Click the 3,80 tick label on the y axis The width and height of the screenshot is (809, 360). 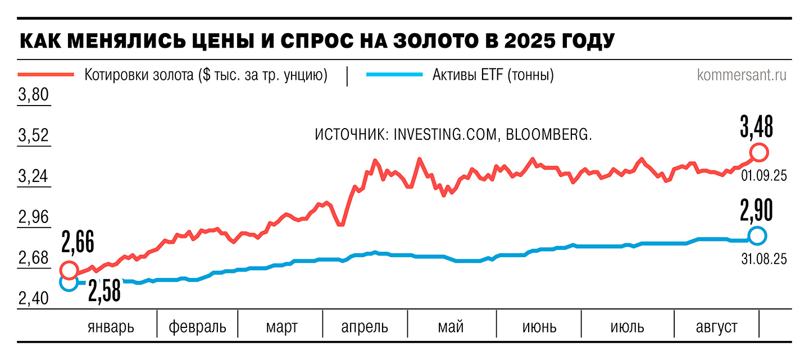pyautogui.click(x=34, y=95)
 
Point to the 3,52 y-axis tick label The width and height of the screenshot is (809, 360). pyautogui.click(x=34, y=136)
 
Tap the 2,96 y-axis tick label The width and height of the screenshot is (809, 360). pyautogui.click(x=34, y=218)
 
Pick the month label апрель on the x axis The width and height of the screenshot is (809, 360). pyautogui.click(x=365, y=326)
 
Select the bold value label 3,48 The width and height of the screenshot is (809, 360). pyautogui.click(x=756, y=127)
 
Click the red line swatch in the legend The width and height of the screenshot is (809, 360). pyautogui.click(x=46, y=75)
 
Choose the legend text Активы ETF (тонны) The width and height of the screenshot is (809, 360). pyautogui.click(x=493, y=75)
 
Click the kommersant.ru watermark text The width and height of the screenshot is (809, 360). pyautogui.click(x=742, y=75)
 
